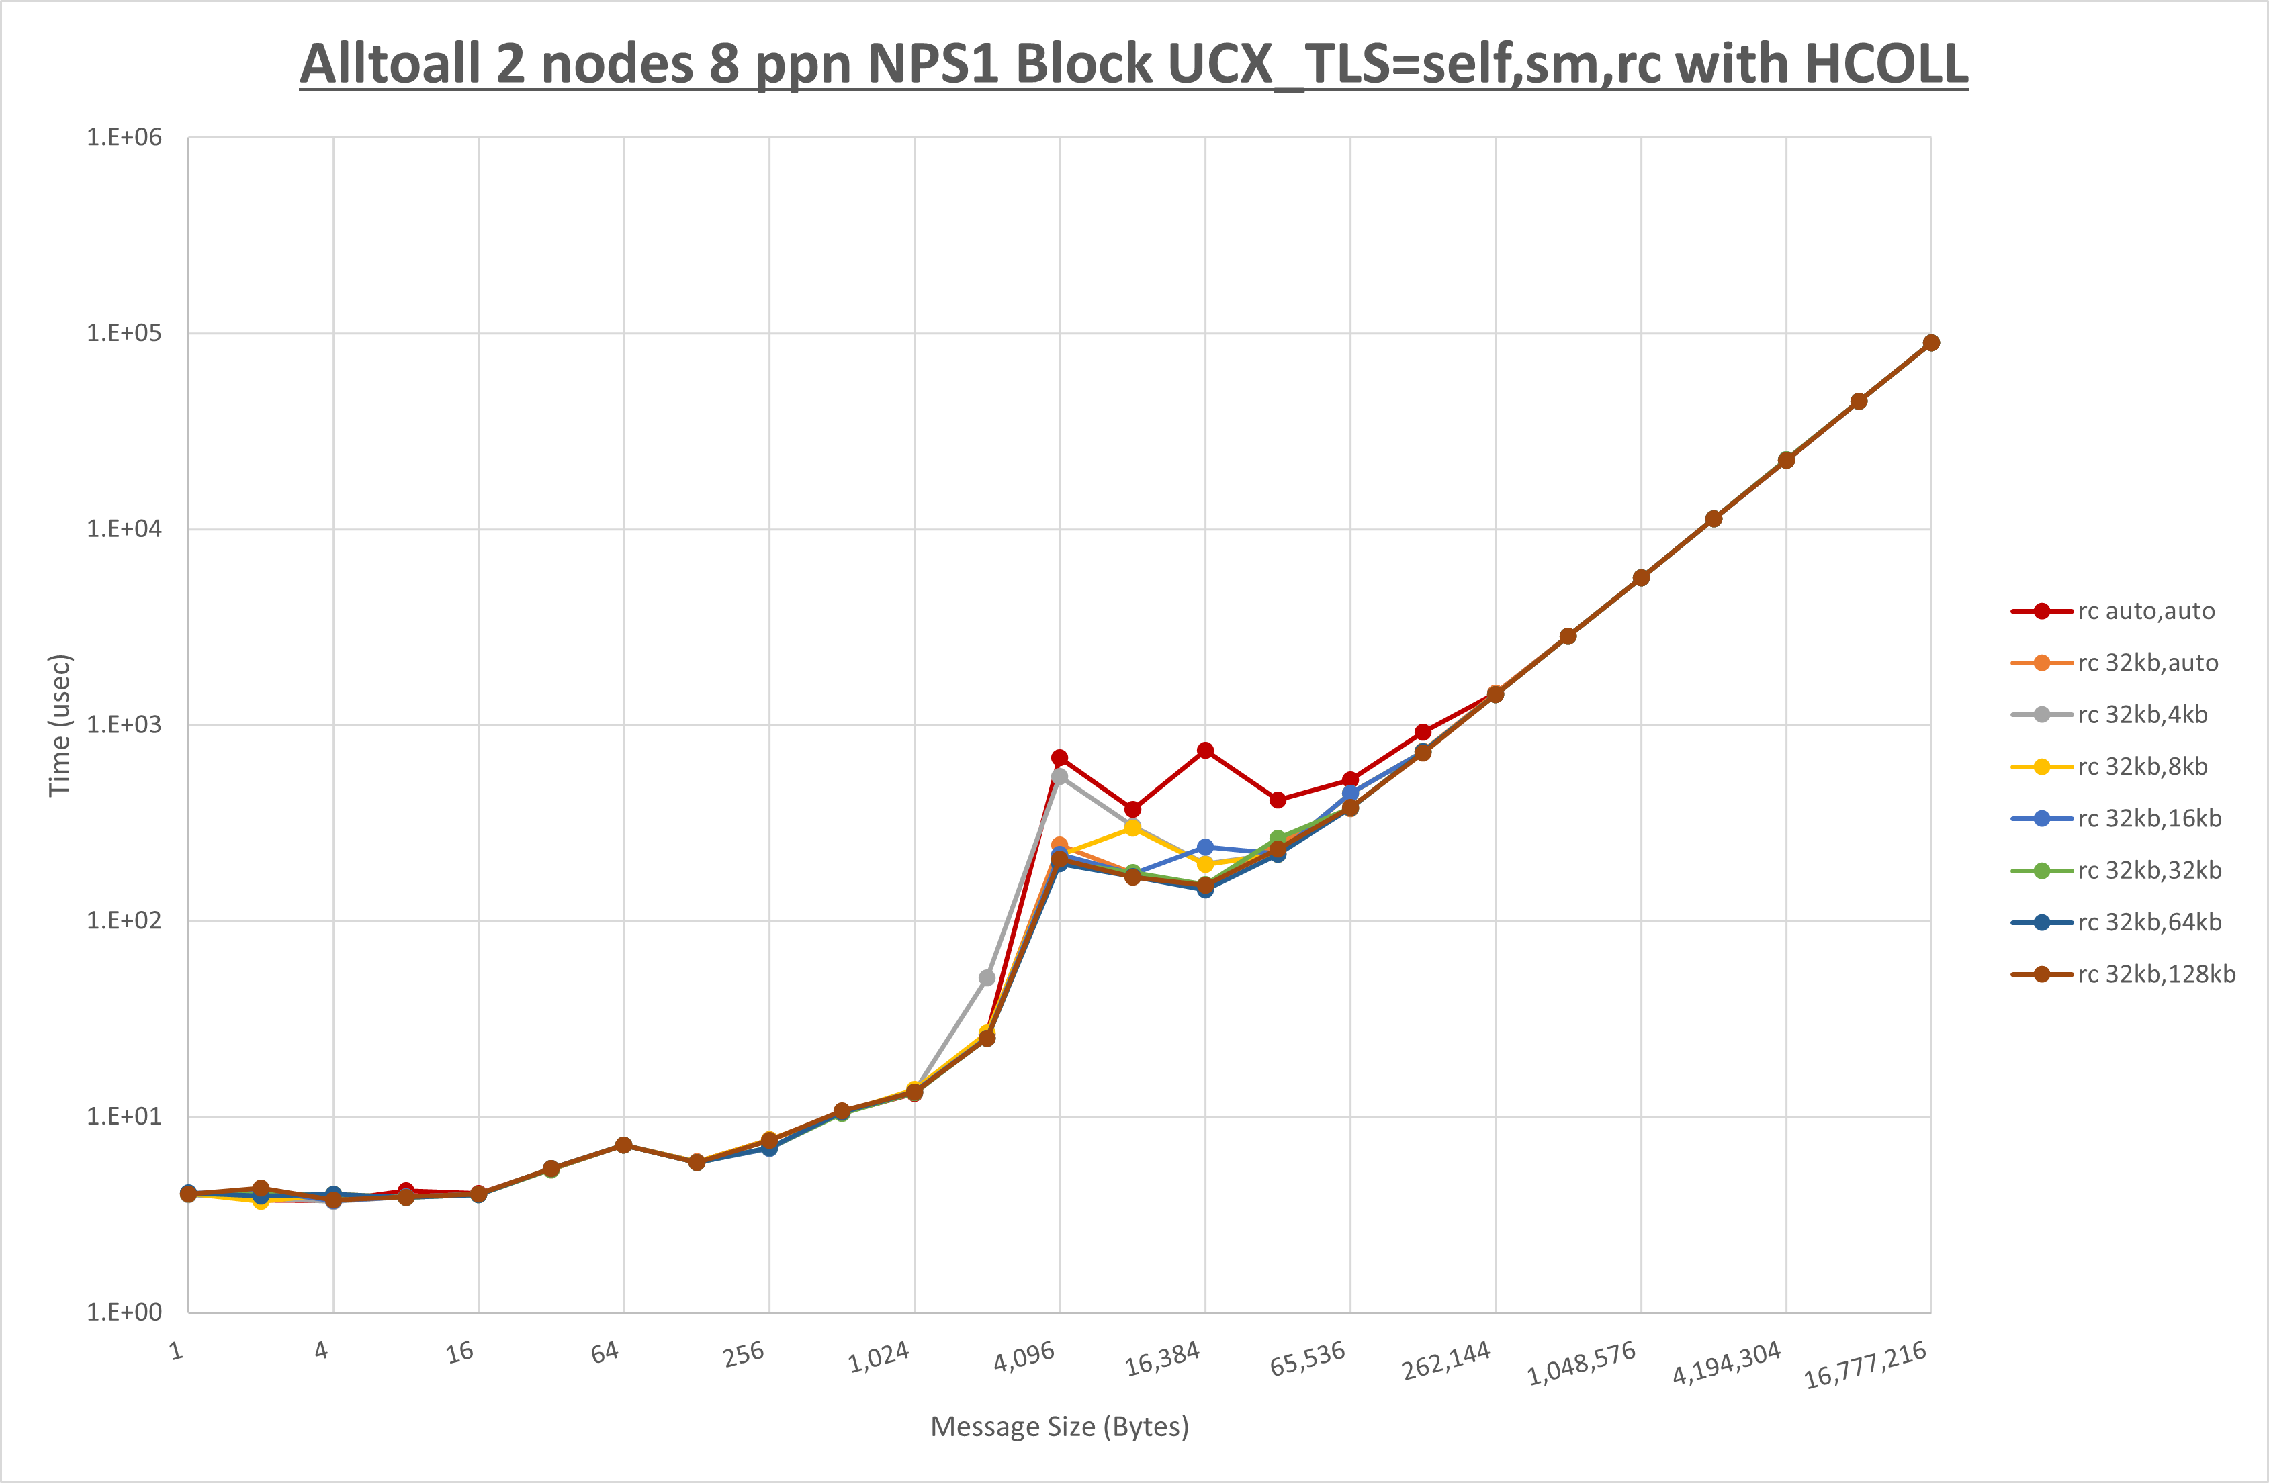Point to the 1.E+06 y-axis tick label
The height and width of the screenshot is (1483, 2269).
tap(124, 137)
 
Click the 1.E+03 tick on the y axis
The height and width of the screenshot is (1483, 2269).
tap(124, 724)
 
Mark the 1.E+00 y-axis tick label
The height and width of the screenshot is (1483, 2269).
tap(124, 1312)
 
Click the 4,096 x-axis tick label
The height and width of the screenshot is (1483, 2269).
tap(1024, 1355)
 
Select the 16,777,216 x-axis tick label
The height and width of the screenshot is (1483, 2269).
tap(1865, 1365)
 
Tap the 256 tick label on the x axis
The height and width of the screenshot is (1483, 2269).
tap(743, 1353)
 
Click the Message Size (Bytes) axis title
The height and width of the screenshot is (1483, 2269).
tap(1059, 1427)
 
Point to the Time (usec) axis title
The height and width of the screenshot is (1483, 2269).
tap(59, 724)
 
